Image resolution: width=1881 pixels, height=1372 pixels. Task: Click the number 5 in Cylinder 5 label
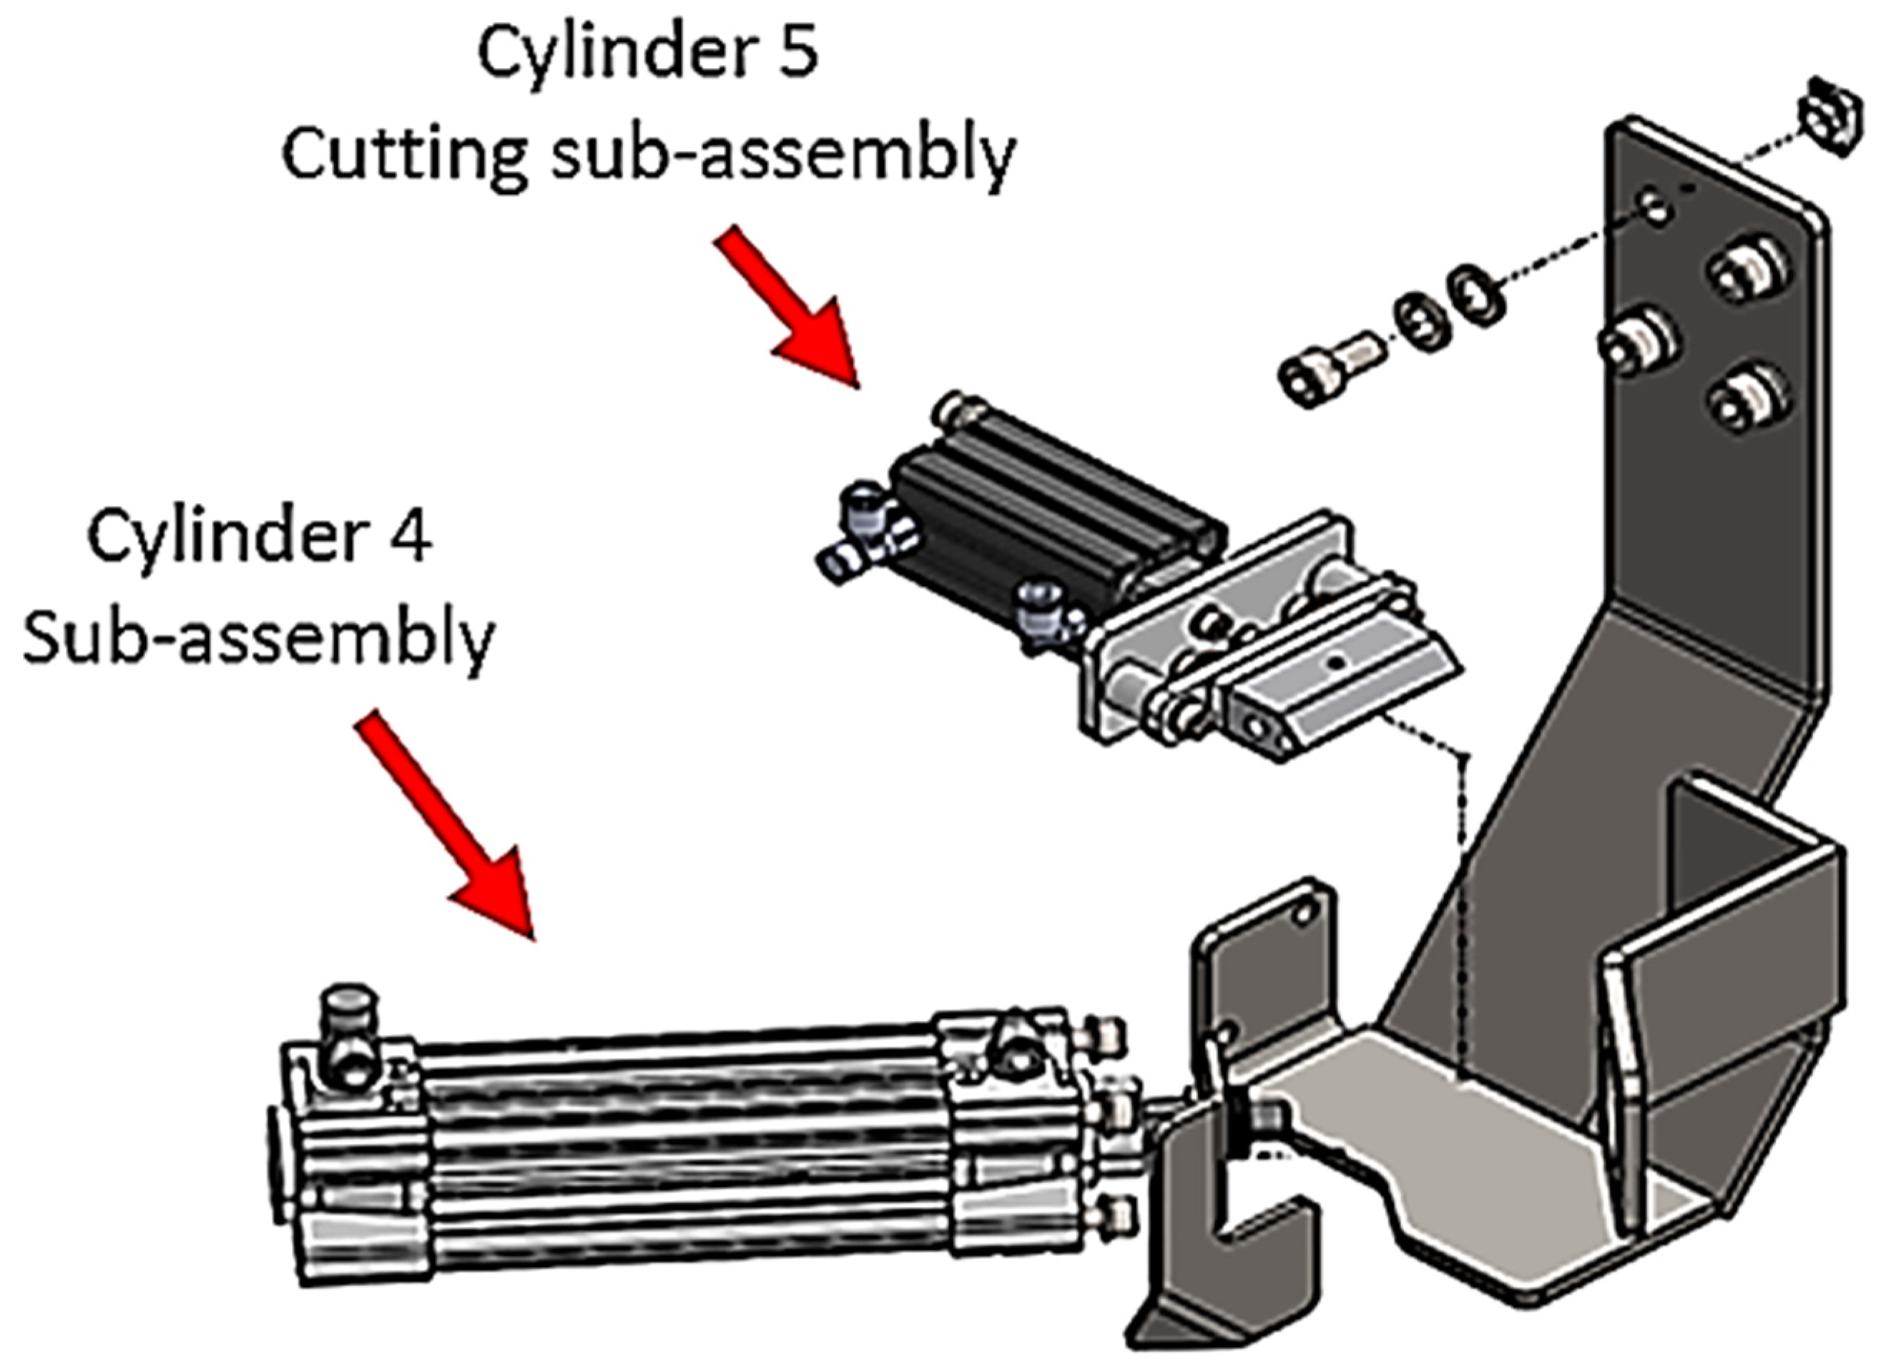[798, 52]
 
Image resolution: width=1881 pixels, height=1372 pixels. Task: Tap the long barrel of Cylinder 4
[681, 1138]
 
